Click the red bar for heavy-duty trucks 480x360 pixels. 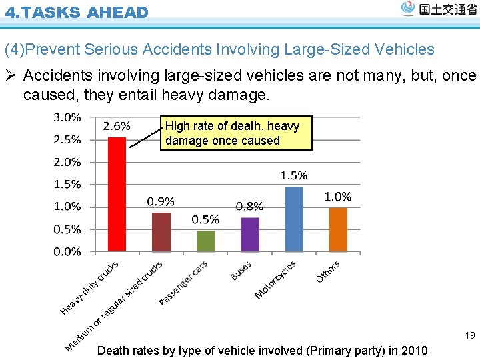(117, 194)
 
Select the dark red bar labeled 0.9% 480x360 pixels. (161, 231)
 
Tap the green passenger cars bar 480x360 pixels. (206, 241)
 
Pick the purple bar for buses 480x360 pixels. (250, 234)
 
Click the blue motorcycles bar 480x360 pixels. (294, 219)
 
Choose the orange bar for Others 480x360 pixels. (338, 229)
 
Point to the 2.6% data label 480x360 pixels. (117, 127)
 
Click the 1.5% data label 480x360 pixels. (293, 176)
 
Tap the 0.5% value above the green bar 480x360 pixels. (205, 220)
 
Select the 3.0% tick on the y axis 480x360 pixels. (67, 117)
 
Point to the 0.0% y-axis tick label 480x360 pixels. (67, 252)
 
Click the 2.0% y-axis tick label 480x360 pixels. (67, 162)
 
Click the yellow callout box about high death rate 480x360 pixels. (236, 133)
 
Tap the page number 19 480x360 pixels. (470, 335)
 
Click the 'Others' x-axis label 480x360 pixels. (328, 271)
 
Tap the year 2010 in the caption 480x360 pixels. (413, 351)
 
